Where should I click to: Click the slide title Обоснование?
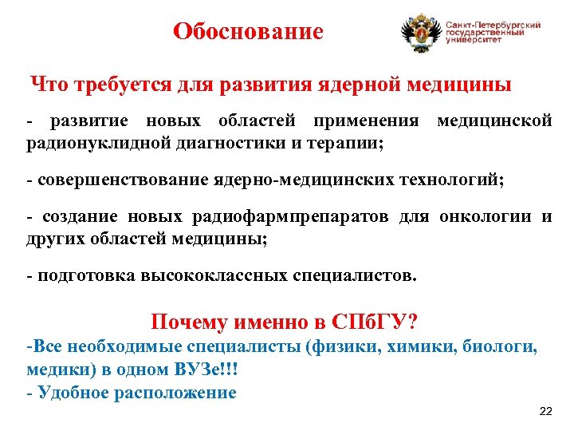(x=249, y=32)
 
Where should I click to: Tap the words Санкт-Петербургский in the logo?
(x=493, y=25)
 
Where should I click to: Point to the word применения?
(x=366, y=121)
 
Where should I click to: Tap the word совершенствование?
(x=123, y=180)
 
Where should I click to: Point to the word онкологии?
(x=489, y=217)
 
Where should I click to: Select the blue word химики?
(x=419, y=348)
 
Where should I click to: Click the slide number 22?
(x=545, y=411)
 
